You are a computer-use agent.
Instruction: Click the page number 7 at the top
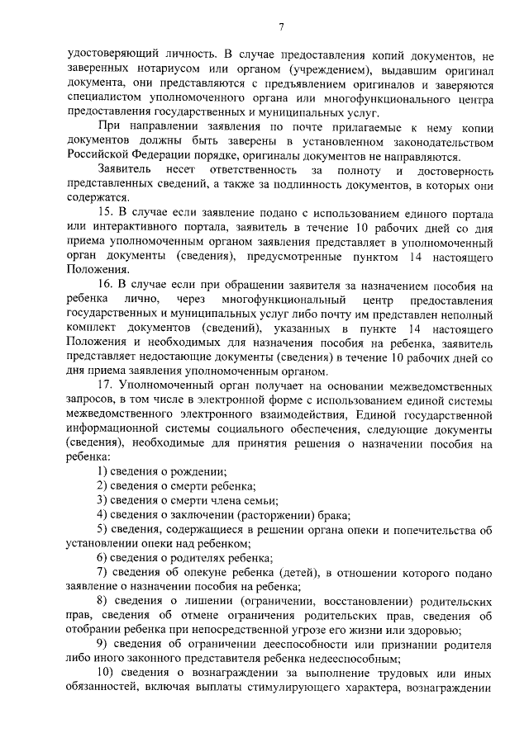click(x=280, y=27)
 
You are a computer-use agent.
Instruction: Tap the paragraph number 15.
click(x=104, y=213)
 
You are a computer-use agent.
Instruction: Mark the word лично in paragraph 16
click(x=139, y=300)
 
